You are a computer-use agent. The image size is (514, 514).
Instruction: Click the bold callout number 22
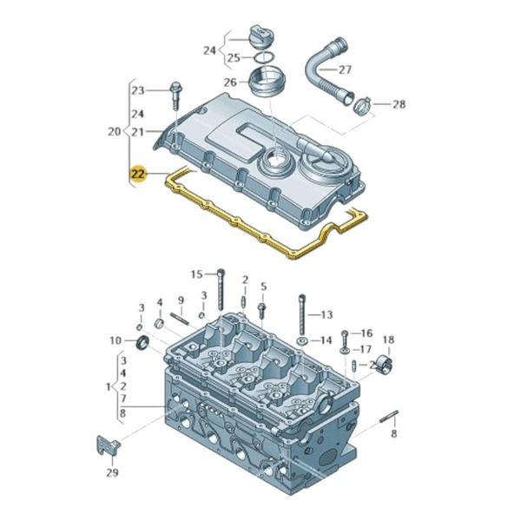(x=137, y=173)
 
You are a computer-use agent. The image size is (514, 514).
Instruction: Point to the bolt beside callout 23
(x=176, y=89)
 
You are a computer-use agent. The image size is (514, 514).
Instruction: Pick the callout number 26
(x=231, y=82)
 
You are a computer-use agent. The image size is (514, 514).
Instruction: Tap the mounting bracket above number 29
(x=104, y=445)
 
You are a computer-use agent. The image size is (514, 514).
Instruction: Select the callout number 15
(x=196, y=273)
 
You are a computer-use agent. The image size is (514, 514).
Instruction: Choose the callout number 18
(x=388, y=339)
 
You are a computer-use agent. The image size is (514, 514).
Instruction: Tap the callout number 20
(x=112, y=132)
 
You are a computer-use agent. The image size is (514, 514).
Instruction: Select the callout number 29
(x=110, y=473)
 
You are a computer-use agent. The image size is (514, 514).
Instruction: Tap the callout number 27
(x=345, y=69)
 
